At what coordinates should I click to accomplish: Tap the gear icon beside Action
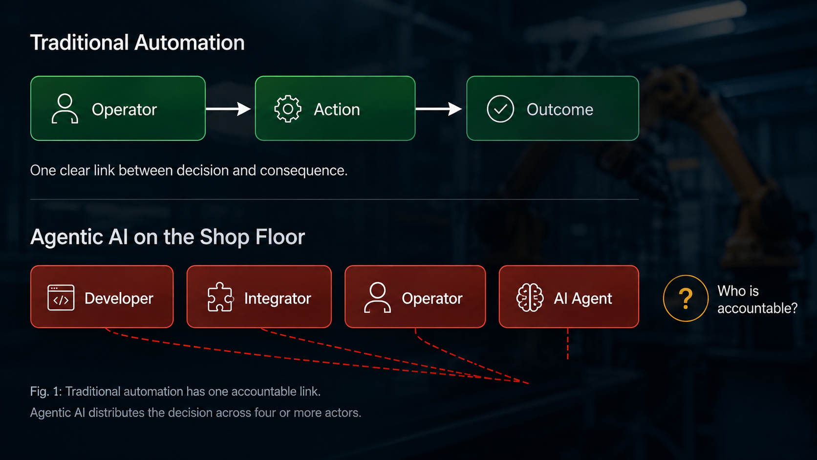pyautogui.click(x=288, y=109)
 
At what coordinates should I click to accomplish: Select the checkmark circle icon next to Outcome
pyautogui.click(x=500, y=109)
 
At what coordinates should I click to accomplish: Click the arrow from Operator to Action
pyautogui.click(x=228, y=109)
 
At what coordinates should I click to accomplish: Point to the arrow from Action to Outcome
pyautogui.click(x=439, y=109)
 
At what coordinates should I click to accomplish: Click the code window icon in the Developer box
pyautogui.click(x=61, y=298)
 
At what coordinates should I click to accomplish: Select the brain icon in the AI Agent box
pyautogui.click(x=530, y=298)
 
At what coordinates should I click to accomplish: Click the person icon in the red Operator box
pyautogui.click(x=378, y=298)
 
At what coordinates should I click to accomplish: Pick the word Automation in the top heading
pyautogui.click(x=190, y=43)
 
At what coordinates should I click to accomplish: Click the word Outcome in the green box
pyautogui.click(x=560, y=110)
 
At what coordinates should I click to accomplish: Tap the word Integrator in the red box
pyautogui.click(x=278, y=298)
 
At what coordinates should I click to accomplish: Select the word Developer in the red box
pyautogui.click(x=119, y=299)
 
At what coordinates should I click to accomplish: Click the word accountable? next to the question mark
pyautogui.click(x=757, y=308)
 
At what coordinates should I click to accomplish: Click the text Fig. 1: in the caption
pyautogui.click(x=46, y=392)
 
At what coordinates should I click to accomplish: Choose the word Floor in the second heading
pyautogui.click(x=280, y=237)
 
